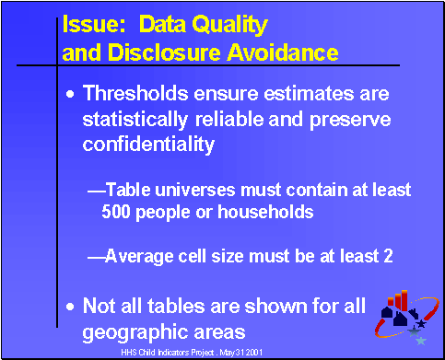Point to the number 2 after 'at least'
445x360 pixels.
click(389, 257)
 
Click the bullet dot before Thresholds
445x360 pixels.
click(73, 95)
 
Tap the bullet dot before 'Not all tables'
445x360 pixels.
click(73, 306)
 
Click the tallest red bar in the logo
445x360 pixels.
click(402, 301)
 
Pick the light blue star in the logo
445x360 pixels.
click(421, 340)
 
